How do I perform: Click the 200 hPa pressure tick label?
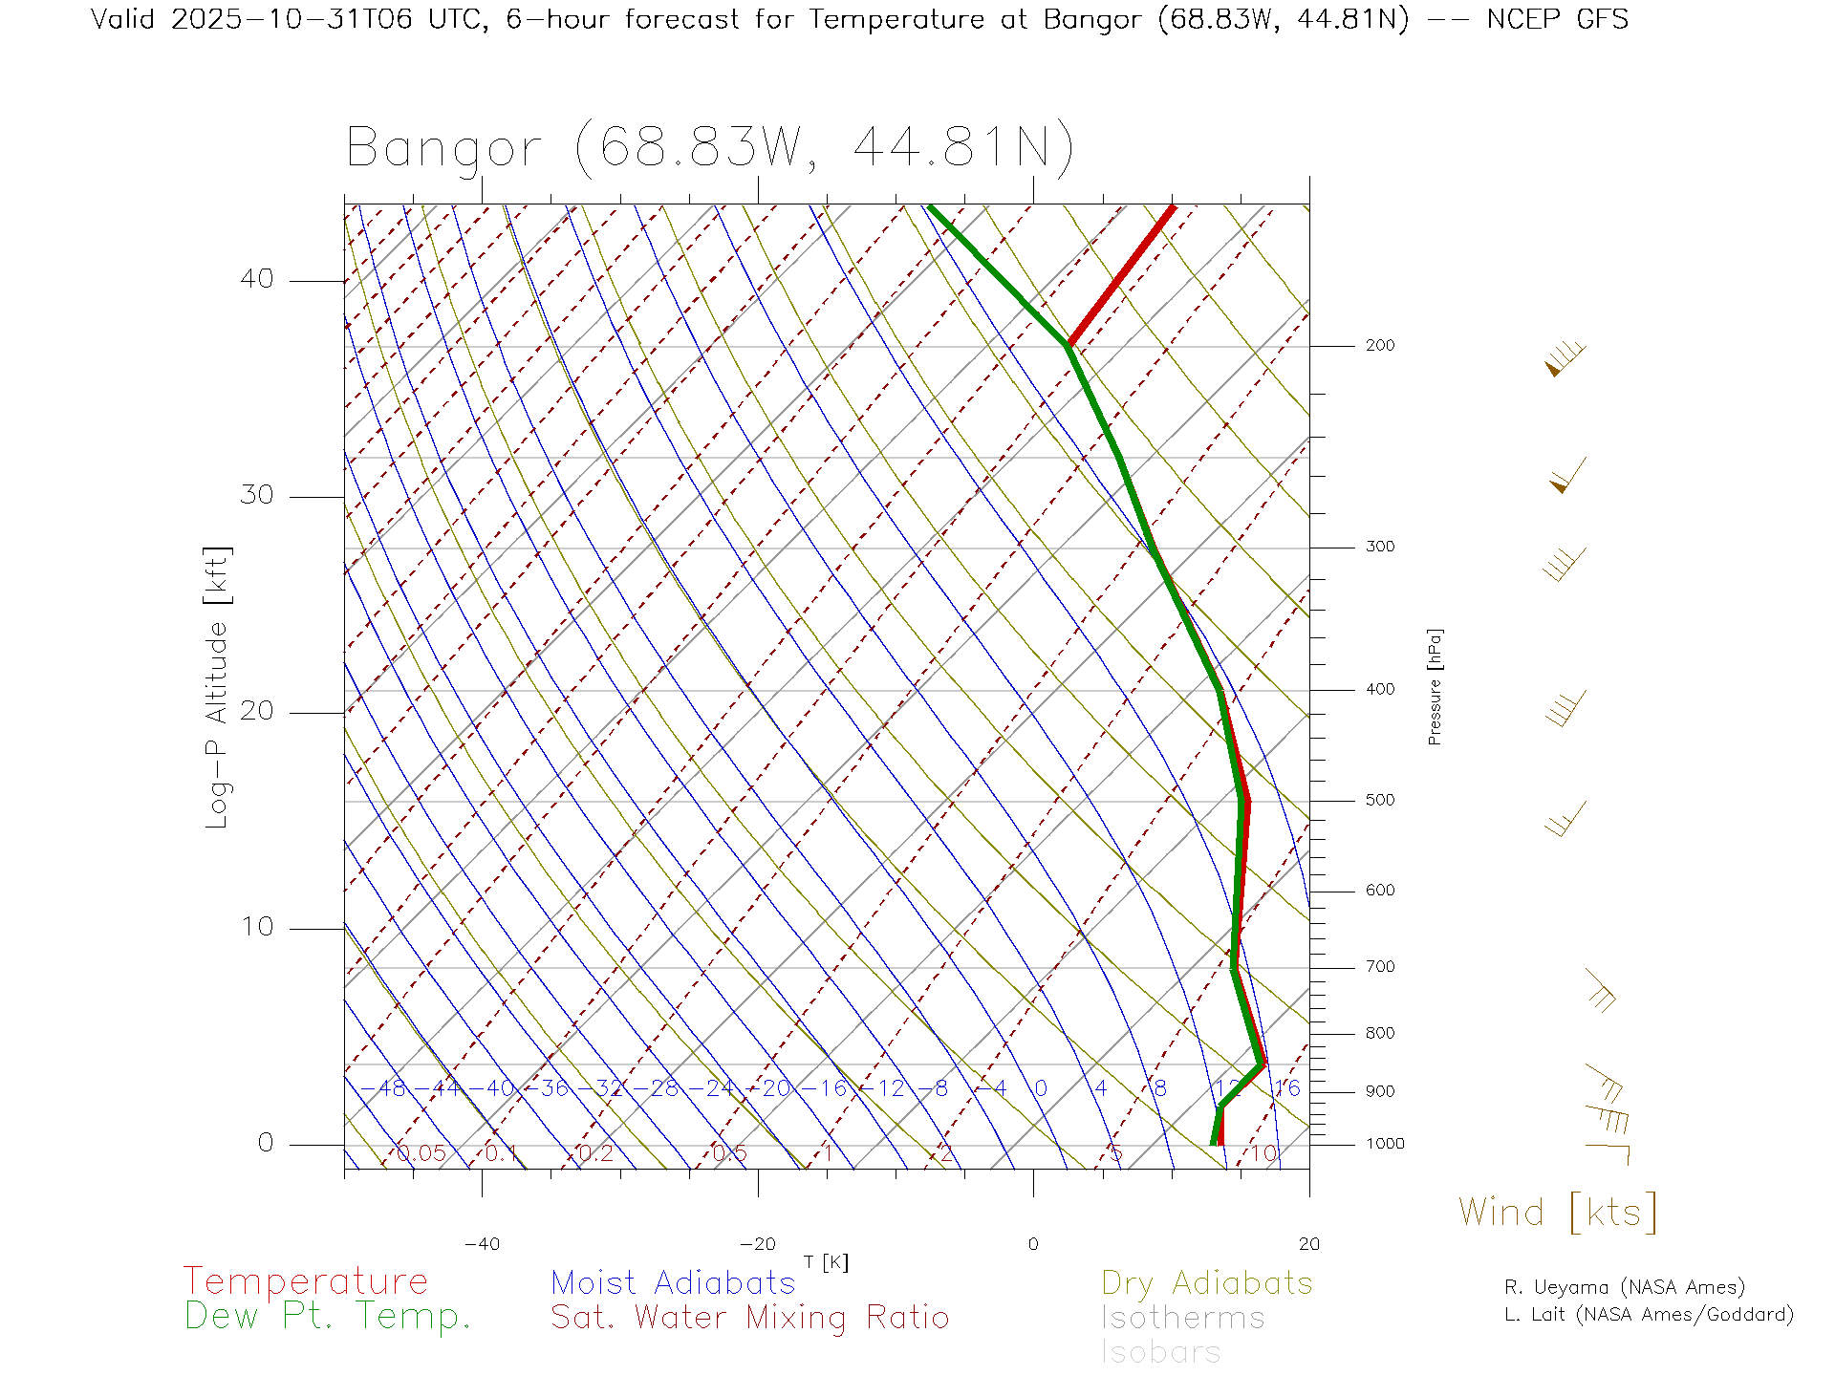[1379, 346]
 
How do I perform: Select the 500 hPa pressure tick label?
[1379, 801]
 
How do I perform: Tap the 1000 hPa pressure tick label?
[1384, 1144]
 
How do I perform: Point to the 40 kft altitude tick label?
[256, 279]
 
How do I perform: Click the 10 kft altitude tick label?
[256, 927]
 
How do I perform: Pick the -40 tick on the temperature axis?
[482, 1244]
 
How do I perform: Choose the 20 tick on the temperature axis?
[1308, 1244]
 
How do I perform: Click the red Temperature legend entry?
[306, 1281]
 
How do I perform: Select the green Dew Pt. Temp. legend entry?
[328, 1317]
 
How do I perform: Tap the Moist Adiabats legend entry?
[673, 1283]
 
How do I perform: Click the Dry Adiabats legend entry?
[1206, 1283]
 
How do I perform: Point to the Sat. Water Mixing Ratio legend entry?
[749, 1318]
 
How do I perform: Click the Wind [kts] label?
[1557, 1213]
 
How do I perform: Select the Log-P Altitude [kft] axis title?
[218, 688]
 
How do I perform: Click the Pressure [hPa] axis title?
[1435, 686]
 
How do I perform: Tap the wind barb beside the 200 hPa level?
[1565, 357]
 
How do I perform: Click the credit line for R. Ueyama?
[1624, 1287]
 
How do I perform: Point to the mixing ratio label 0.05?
[421, 1153]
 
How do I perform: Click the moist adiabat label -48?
[390, 1088]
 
